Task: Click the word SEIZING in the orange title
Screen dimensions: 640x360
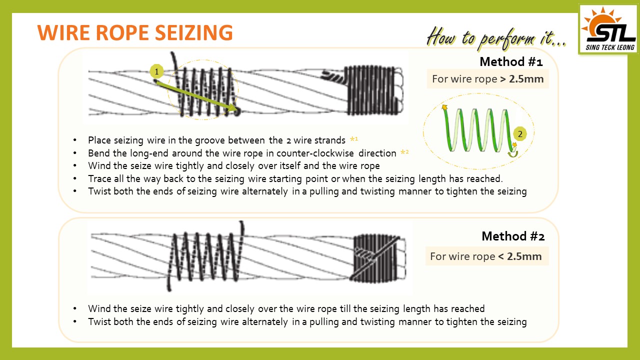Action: (x=194, y=32)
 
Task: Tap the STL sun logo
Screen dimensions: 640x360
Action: (x=608, y=29)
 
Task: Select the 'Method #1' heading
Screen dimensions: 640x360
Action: (x=511, y=61)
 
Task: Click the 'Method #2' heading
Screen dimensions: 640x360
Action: (x=513, y=236)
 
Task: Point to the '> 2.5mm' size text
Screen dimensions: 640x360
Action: (x=521, y=79)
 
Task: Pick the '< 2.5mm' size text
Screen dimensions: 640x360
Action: (x=519, y=256)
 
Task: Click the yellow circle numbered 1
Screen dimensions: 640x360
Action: (x=156, y=71)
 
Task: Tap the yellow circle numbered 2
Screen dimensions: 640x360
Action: (x=520, y=133)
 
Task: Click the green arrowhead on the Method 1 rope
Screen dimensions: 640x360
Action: (x=232, y=107)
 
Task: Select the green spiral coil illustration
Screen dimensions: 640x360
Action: (x=480, y=130)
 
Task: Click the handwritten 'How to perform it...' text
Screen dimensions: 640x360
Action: (x=496, y=38)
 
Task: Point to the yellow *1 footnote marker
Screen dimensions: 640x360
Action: (x=354, y=139)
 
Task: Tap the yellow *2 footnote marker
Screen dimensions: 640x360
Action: (x=404, y=152)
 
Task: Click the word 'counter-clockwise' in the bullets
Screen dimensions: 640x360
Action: (x=315, y=153)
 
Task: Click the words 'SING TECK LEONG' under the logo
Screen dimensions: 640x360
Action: (x=610, y=47)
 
